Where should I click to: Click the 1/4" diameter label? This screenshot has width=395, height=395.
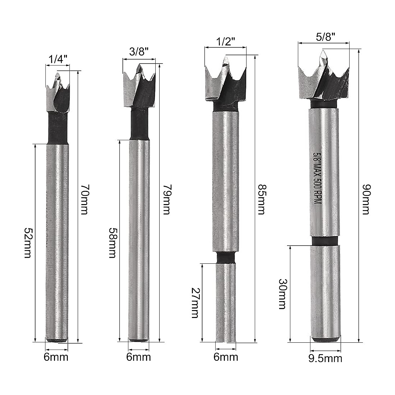tap(58, 60)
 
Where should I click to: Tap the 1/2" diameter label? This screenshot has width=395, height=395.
tap(225, 42)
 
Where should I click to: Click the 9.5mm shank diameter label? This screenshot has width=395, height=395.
tap(326, 357)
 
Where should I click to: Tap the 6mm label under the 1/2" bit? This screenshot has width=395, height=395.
tap(226, 357)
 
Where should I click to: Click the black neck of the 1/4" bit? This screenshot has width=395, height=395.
tap(58, 128)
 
